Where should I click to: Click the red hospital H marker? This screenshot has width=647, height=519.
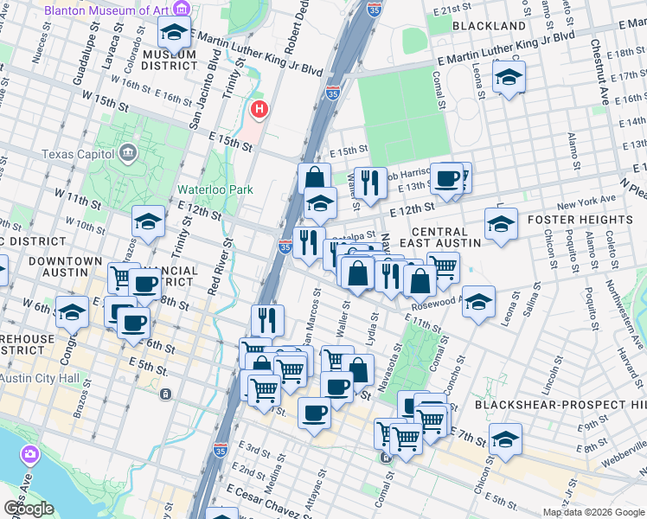[259, 110]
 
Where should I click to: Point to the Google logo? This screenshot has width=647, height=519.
[29, 509]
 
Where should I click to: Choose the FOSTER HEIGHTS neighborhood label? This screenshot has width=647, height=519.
[589, 220]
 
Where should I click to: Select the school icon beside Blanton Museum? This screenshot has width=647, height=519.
[175, 33]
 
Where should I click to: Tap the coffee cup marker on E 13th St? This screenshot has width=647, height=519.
[447, 178]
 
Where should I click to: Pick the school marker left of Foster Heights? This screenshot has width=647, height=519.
[501, 224]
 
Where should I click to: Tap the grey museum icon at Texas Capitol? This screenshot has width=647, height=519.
[129, 154]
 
